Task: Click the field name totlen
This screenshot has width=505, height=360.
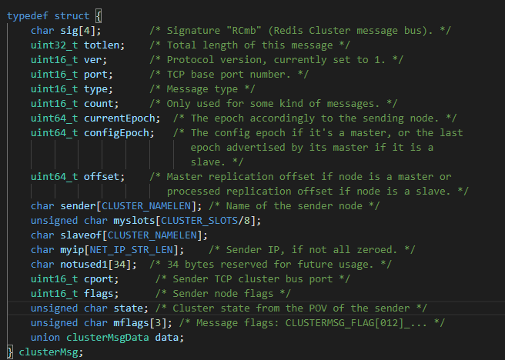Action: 109,45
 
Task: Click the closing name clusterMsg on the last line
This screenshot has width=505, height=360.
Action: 48,352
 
